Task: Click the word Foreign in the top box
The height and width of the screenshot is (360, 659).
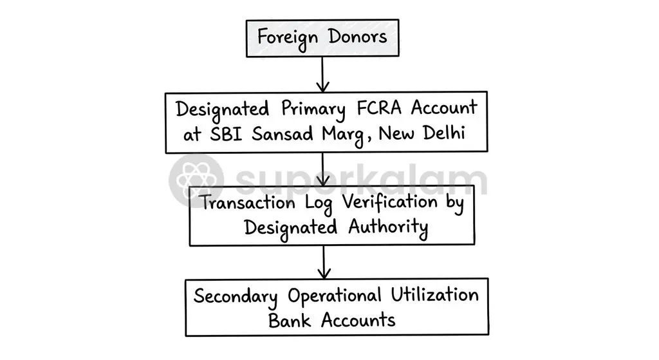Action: (288, 38)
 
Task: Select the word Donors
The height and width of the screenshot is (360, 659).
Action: (358, 37)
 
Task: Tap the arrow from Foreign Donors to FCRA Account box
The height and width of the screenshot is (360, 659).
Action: (322, 74)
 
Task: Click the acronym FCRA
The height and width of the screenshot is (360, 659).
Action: (379, 108)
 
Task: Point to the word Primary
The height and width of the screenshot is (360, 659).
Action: (313, 109)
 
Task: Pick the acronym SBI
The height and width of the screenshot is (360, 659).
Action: (226, 134)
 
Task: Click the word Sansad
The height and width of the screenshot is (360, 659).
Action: (283, 134)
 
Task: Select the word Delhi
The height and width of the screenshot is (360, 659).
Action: (444, 133)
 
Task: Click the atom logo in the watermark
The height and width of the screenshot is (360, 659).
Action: (196, 180)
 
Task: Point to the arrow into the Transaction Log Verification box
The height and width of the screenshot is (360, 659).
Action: (322, 169)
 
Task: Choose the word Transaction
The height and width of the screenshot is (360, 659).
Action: (248, 203)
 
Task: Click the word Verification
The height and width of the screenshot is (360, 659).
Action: (389, 202)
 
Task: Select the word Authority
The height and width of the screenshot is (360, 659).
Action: (388, 229)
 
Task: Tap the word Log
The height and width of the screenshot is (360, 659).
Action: (319, 204)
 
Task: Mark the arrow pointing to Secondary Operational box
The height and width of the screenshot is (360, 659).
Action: (324, 262)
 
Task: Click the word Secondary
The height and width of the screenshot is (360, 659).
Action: (236, 296)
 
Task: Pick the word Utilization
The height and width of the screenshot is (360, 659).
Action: (434, 295)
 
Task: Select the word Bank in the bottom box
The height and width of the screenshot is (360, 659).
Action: (290, 321)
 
